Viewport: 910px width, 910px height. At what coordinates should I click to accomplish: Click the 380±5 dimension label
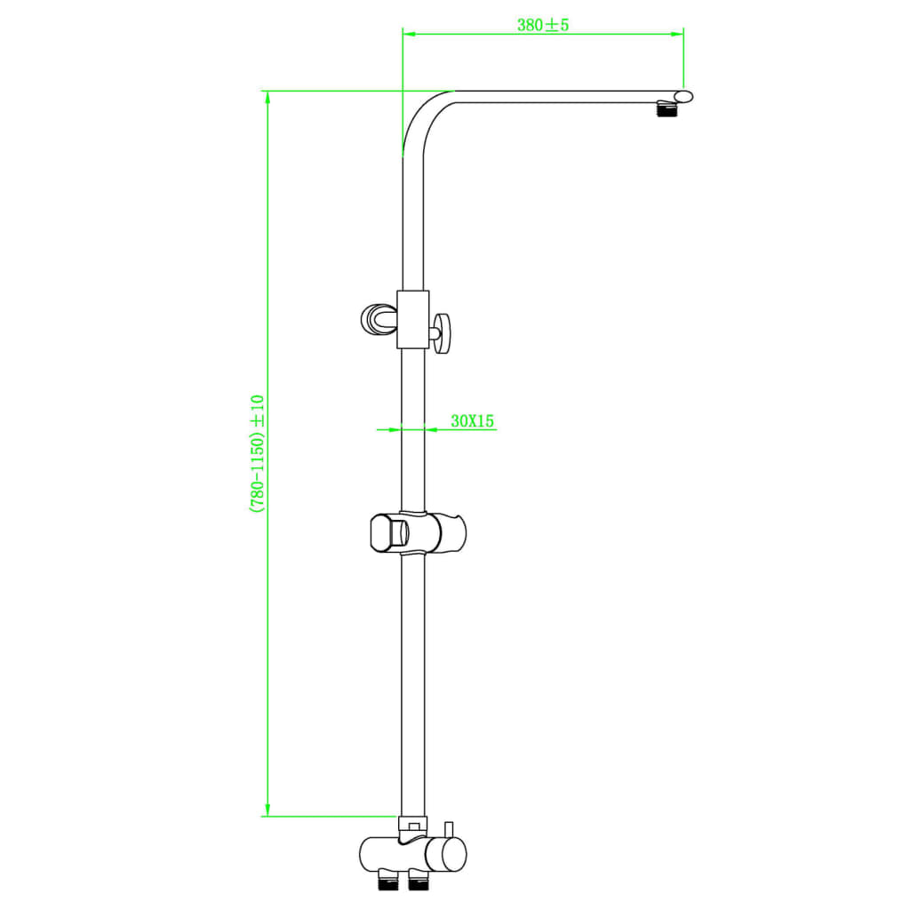point(542,25)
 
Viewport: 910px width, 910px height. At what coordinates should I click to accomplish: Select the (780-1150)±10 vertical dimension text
point(257,453)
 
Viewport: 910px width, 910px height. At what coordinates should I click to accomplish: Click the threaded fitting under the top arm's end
point(665,110)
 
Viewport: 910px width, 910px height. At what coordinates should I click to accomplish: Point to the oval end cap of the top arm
point(682,96)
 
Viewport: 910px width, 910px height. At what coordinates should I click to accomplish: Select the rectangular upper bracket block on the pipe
point(413,319)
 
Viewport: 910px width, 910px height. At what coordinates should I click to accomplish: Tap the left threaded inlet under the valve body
point(388,882)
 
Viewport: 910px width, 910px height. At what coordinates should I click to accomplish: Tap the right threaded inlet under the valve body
point(417,882)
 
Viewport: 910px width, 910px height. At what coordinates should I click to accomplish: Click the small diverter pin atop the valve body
point(451,829)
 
